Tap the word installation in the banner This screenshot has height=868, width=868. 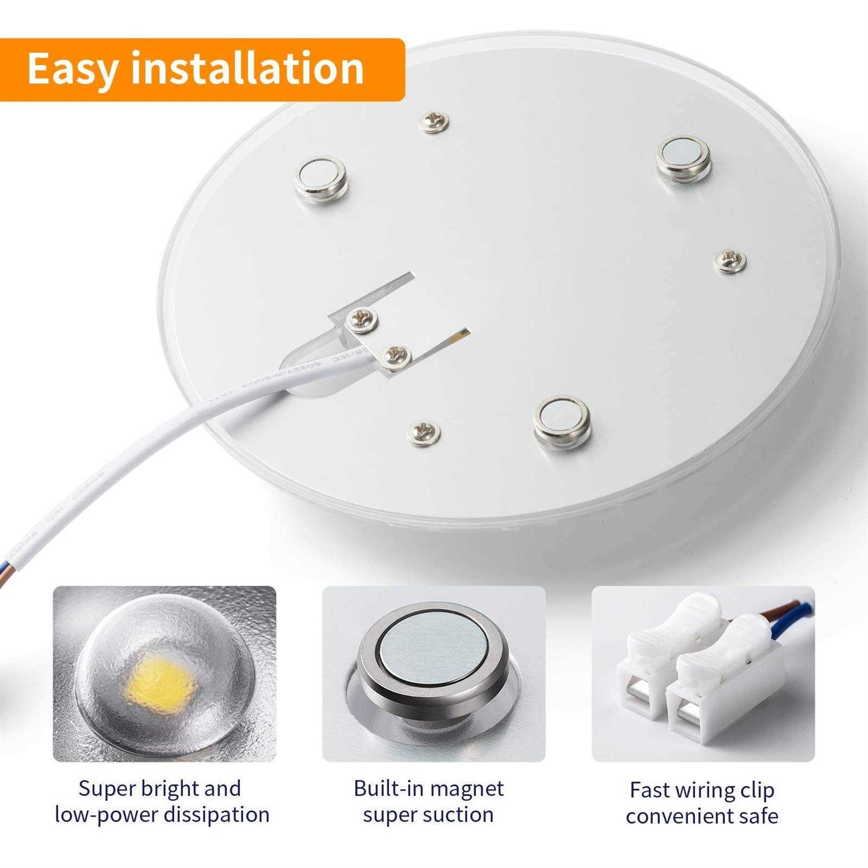coord(248,68)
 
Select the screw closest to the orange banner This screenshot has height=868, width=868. coord(434,121)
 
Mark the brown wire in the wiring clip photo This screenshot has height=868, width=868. coord(781,609)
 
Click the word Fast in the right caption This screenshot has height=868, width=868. coord(649,790)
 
